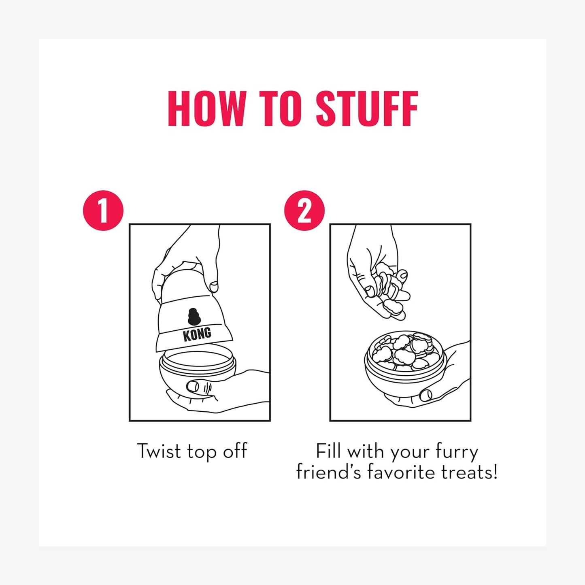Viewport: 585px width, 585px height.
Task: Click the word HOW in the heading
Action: point(206,108)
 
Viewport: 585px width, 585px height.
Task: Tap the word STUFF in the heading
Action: point(367,108)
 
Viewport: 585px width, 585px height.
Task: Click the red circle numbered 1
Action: point(103,211)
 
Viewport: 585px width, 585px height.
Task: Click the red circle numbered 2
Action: point(304,211)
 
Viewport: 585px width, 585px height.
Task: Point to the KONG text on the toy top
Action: point(197,334)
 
